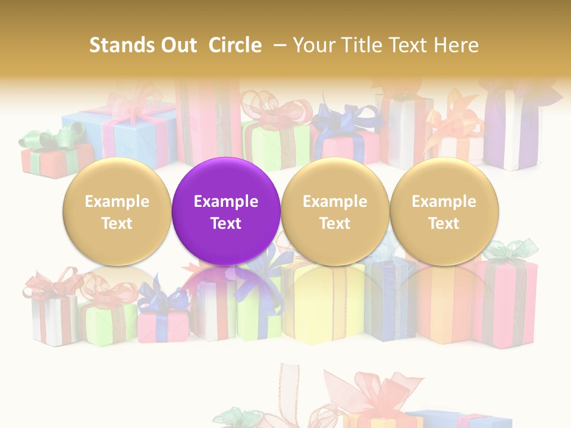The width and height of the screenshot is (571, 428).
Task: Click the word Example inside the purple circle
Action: tap(226, 202)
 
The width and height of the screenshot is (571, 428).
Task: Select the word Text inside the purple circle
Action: tap(226, 224)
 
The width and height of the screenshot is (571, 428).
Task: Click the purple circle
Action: tap(226, 178)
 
